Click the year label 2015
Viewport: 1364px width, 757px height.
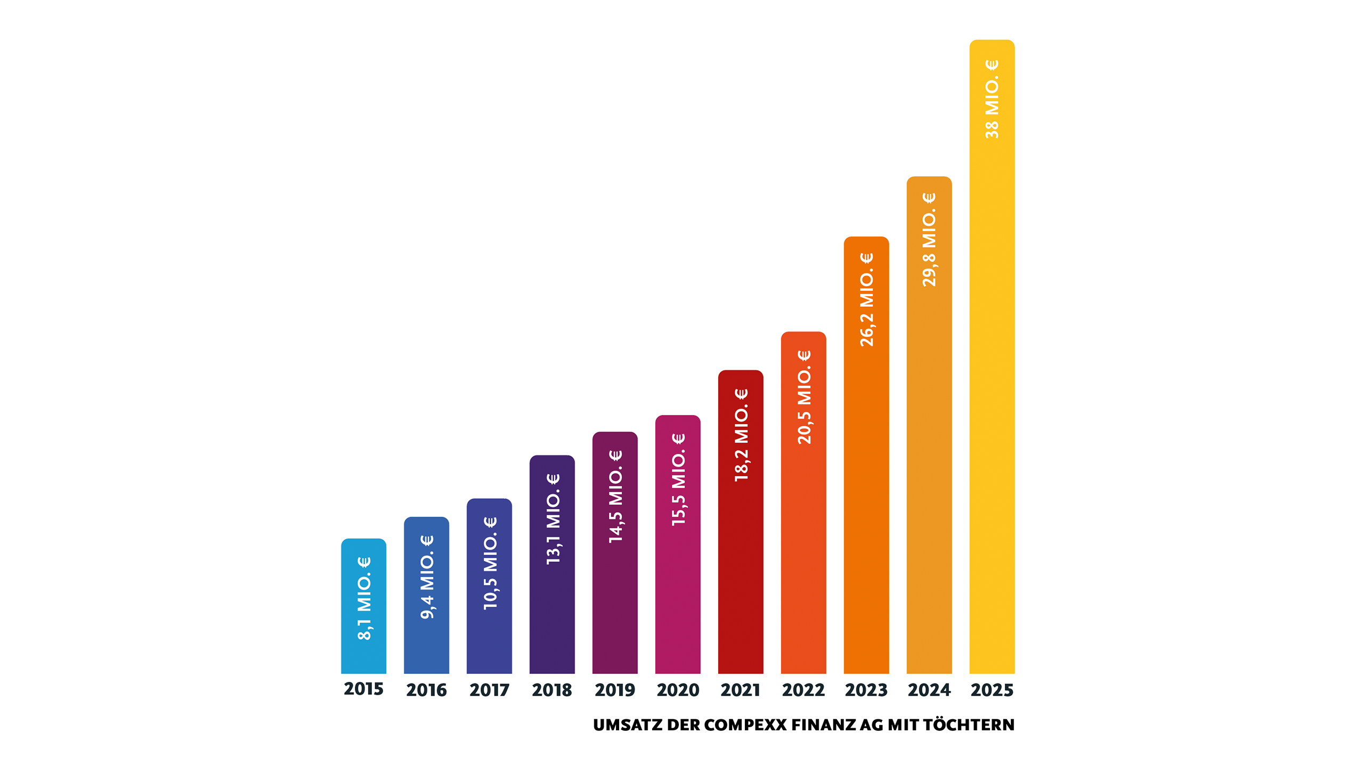click(363, 689)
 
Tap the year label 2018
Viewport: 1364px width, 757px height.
click(552, 690)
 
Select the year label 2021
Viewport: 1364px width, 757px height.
click(741, 690)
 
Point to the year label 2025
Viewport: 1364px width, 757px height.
click(992, 690)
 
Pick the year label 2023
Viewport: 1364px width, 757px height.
click(866, 690)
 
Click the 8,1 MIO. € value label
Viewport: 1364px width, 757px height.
click(364, 598)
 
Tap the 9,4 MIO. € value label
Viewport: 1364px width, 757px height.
click(427, 577)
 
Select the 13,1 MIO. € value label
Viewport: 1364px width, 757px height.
click(553, 519)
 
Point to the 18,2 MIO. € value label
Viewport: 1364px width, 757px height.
click(741, 435)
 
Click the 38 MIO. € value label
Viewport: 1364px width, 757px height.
click(992, 99)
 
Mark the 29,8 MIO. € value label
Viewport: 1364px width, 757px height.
click(929, 240)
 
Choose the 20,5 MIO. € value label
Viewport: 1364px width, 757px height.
click(804, 397)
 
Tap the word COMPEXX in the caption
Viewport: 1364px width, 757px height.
click(745, 725)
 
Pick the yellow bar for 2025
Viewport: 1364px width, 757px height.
click(992, 356)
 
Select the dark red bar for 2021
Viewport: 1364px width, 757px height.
click(741, 522)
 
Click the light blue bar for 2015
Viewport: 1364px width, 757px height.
click(363, 606)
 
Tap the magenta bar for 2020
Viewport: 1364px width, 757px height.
click(678, 544)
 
